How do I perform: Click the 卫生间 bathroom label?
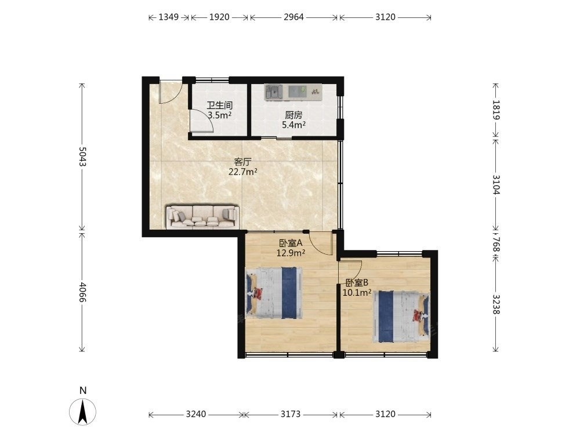(219, 106)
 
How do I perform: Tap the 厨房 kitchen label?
(293, 115)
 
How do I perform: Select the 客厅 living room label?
(243, 162)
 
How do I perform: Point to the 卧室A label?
(291, 243)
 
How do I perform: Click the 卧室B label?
(357, 283)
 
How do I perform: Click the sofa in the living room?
(202, 216)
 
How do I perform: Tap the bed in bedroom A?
(274, 293)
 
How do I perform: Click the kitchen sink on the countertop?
(274, 92)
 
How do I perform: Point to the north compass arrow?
(83, 412)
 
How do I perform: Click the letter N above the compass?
(83, 390)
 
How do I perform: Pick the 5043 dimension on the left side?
(82, 157)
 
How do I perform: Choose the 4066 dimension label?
(82, 292)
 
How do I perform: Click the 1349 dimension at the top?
(169, 17)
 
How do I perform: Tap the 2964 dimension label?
(293, 17)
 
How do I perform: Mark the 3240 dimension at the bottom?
(196, 414)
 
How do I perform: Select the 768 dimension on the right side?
(496, 245)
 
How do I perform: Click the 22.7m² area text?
(243, 172)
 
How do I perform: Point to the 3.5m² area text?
(219, 115)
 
